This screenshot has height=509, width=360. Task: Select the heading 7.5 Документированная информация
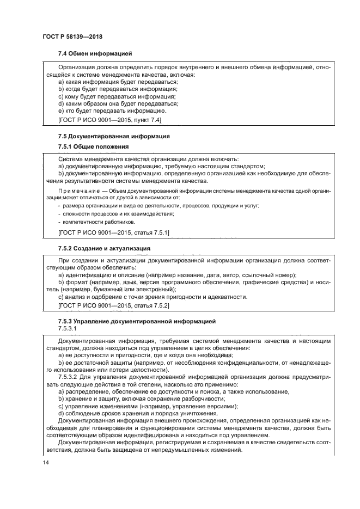pyautogui.click(x=114, y=136)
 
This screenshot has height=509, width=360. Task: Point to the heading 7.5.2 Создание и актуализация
pyautogui.click(x=104, y=248)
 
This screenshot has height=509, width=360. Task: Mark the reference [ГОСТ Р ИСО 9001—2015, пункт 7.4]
pyautogui.click(x=109, y=118)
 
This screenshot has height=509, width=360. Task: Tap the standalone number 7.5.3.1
pyautogui.click(x=67, y=329)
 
